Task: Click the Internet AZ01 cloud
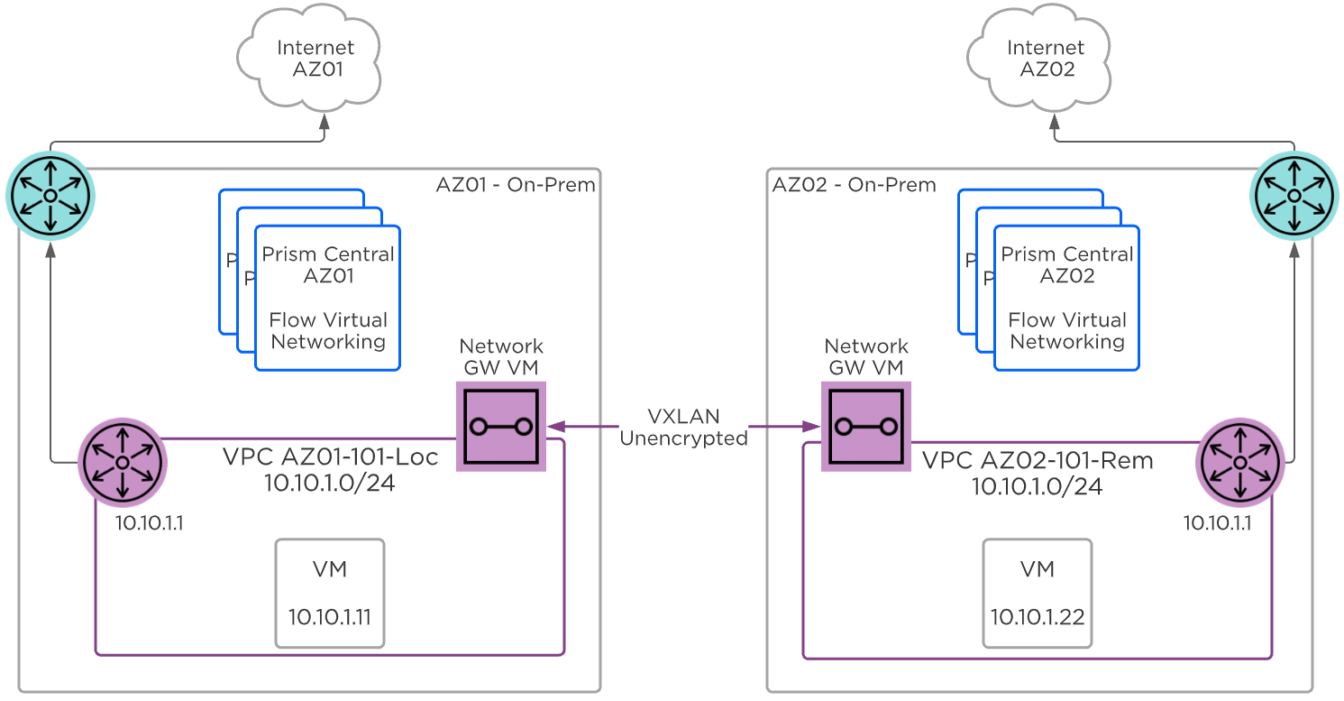pyautogui.click(x=310, y=60)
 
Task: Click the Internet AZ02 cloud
pyautogui.click(x=1047, y=60)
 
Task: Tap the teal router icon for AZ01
pyautogui.click(x=50, y=195)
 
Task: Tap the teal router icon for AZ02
pyautogui.click(x=1294, y=195)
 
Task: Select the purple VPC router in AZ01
pyautogui.click(x=122, y=462)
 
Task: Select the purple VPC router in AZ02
pyautogui.click(x=1239, y=462)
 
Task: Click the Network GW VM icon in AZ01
pyautogui.click(x=501, y=426)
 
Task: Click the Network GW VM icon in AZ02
pyautogui.click(x=865, y=426)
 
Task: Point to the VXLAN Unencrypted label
pyautogui.click(x=683, y=427)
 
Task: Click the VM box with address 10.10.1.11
pyautogui.click(x=329, y=593)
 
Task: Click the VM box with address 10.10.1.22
pyautogui.click(x=1037, y=593)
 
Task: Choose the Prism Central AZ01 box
pyautogui.click(x=328, y=298)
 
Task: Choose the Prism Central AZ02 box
pyautogui.click(x=1066, y=298)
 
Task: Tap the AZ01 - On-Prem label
pyautogui.click(x=516, y=185)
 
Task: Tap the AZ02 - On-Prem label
pyautogui.click(x=854, y=185)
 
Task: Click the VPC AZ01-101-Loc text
pyautogui.click(x=330, y=457)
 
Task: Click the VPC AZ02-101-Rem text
pyautogui.click(x=1038, y=460)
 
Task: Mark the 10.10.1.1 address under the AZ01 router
pyautogui.click(x=149, y=523)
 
